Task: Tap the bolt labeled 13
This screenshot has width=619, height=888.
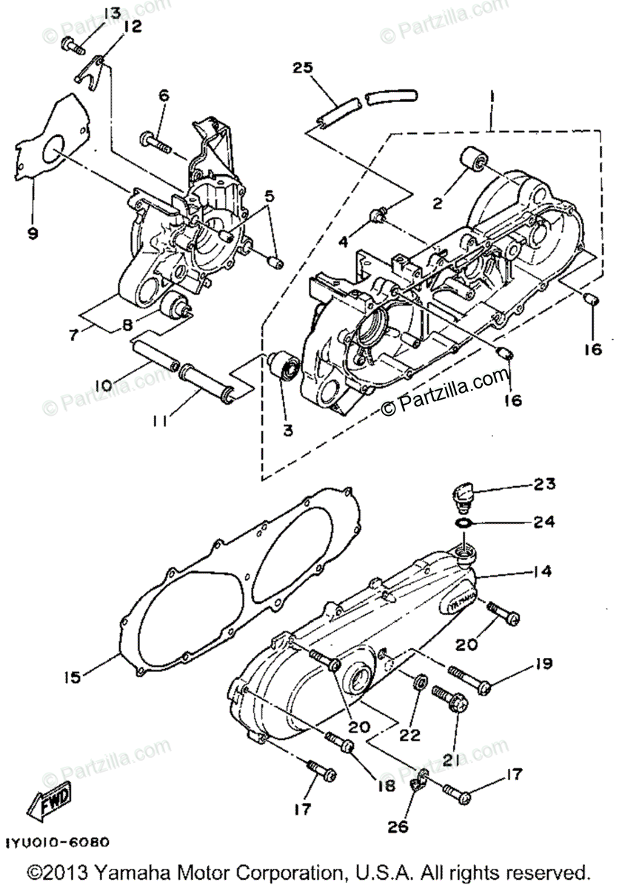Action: [72, 44]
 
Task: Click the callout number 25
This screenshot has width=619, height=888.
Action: [302, 68]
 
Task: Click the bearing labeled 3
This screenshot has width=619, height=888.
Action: [284, 366]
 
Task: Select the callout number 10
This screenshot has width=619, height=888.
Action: [103, 384]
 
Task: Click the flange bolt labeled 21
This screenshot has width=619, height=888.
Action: [452, 701]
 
